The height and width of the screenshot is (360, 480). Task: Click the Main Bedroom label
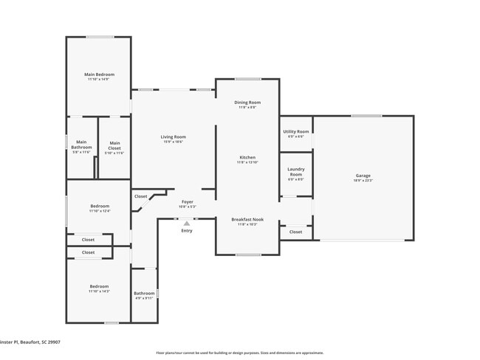tap(99, 75)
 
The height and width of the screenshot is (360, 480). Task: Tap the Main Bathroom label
tap(81, 145)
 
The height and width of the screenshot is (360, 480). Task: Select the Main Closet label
tap(114, 145)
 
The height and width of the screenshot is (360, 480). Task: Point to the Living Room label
tap(174, 136)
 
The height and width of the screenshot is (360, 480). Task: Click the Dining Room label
tap(247, 103)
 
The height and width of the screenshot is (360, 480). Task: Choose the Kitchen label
tap(247, 158)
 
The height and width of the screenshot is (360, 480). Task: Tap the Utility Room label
tap(296, 132)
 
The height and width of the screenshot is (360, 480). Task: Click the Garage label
tap(363, 176)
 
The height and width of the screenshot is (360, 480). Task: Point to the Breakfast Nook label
tap(247, 219)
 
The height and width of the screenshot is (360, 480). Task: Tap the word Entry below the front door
tap(187, 231)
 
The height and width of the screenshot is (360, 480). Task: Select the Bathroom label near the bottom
tap(144, 293)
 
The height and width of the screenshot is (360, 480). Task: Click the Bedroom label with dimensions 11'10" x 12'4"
tap(100, 206)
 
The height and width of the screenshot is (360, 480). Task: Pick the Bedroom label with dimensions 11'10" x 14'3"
tap(100, 286)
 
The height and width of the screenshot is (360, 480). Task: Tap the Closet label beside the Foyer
tap(140, 196)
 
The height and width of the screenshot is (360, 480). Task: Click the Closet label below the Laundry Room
tap(295, 232)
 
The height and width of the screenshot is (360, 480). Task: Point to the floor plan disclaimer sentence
tap(239, 353)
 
